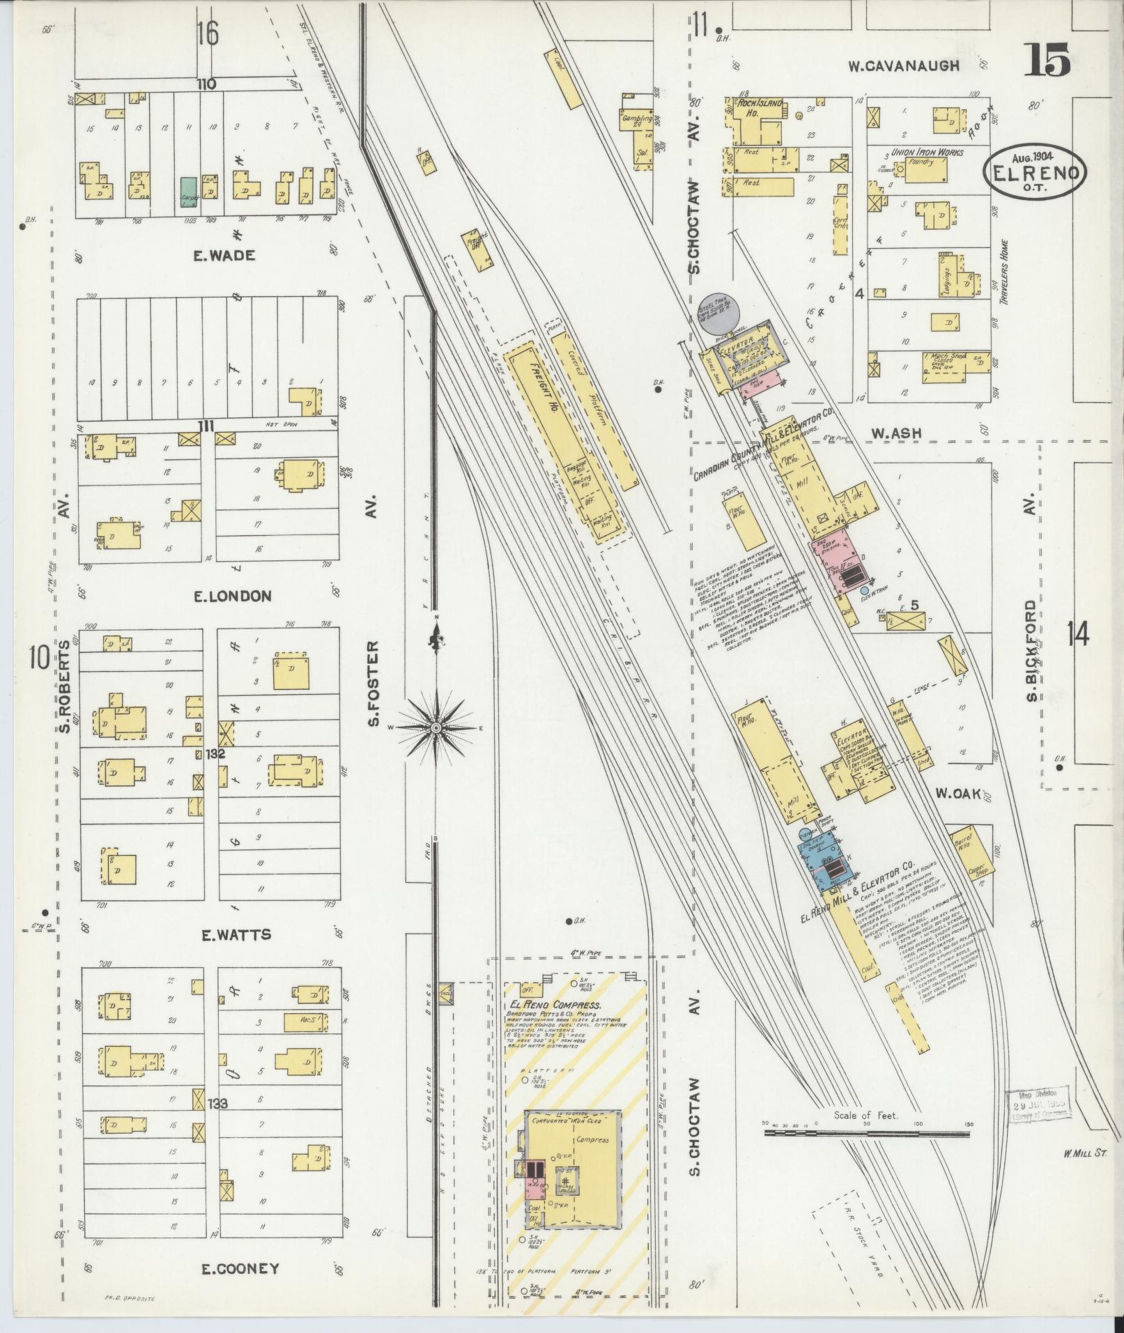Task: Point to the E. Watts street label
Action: coord(226,935)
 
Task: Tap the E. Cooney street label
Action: coord(230,1269)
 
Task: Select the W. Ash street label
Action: coord(896,433)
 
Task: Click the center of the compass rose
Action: coord(436,728)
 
